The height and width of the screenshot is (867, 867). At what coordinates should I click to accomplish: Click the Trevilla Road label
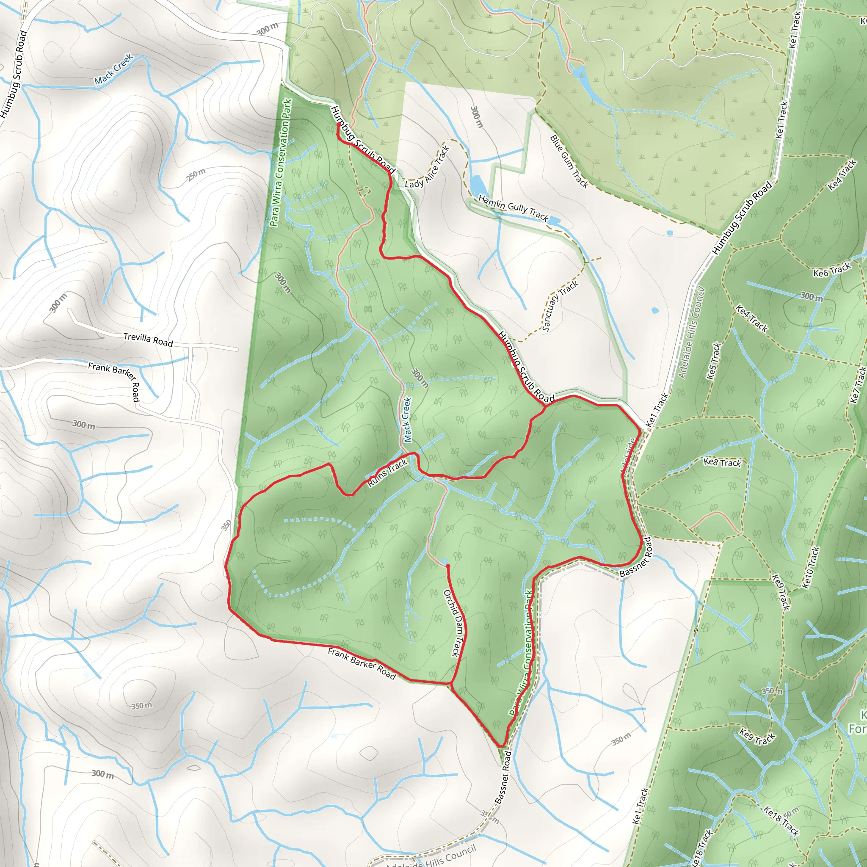click(148, 339)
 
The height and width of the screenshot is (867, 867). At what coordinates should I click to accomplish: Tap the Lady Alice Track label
click(427, 167)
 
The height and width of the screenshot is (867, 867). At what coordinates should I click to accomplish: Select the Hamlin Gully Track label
click(513, 207)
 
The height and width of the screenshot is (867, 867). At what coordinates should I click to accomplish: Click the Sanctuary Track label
click(560, 306)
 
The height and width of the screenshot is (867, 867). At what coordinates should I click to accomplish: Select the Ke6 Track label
click(832, 270)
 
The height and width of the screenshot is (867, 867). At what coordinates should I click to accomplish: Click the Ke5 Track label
click(713, 361)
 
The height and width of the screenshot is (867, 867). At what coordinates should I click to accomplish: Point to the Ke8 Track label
click(722, 462)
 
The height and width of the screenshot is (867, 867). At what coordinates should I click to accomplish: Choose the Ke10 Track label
click(810, 567)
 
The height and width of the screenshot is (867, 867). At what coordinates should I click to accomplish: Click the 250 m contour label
click(196, 174)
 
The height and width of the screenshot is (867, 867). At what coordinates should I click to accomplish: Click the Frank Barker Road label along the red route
click(362, 664)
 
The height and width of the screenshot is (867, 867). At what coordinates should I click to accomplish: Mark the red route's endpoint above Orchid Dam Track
click(447, 566)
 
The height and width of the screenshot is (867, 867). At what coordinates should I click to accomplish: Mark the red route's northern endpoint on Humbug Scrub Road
click(337, 125)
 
